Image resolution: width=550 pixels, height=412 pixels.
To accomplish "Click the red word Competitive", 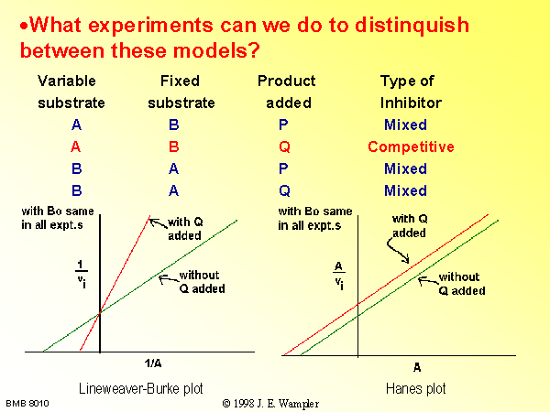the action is (411, 146).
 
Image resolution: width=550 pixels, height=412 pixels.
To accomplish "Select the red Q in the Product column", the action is (284, 146).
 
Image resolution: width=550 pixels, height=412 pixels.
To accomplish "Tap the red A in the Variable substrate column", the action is (76, 146).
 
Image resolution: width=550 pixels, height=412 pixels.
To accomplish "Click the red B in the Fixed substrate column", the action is (174, 146).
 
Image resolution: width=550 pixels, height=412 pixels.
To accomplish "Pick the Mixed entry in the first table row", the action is (405, 125).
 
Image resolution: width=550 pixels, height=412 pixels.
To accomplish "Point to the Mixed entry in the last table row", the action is (405, 190).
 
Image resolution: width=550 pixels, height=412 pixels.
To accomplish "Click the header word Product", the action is (287, 81).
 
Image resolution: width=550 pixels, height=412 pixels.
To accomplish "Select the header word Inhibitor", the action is (411, 103).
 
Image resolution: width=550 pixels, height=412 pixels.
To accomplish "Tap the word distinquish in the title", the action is (412, 26).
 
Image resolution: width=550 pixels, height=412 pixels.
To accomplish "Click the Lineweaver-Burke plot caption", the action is (140, 388).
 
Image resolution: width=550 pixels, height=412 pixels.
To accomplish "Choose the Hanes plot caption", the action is (415, 388).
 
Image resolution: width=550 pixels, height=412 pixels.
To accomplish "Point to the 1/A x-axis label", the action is (153, 363).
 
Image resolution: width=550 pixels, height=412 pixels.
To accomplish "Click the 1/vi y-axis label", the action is (81, 274).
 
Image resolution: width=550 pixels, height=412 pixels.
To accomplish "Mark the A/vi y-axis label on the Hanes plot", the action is (339, 276).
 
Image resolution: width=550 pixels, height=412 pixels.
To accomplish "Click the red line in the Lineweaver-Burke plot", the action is (115, 282).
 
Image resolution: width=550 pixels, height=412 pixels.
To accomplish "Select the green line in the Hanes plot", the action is (400, 287).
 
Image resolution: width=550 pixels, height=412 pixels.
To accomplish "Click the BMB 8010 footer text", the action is (27, 404).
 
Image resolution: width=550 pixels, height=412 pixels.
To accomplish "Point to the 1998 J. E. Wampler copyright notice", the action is (270, 404).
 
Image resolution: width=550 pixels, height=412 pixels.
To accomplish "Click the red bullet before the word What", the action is (24, 26).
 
